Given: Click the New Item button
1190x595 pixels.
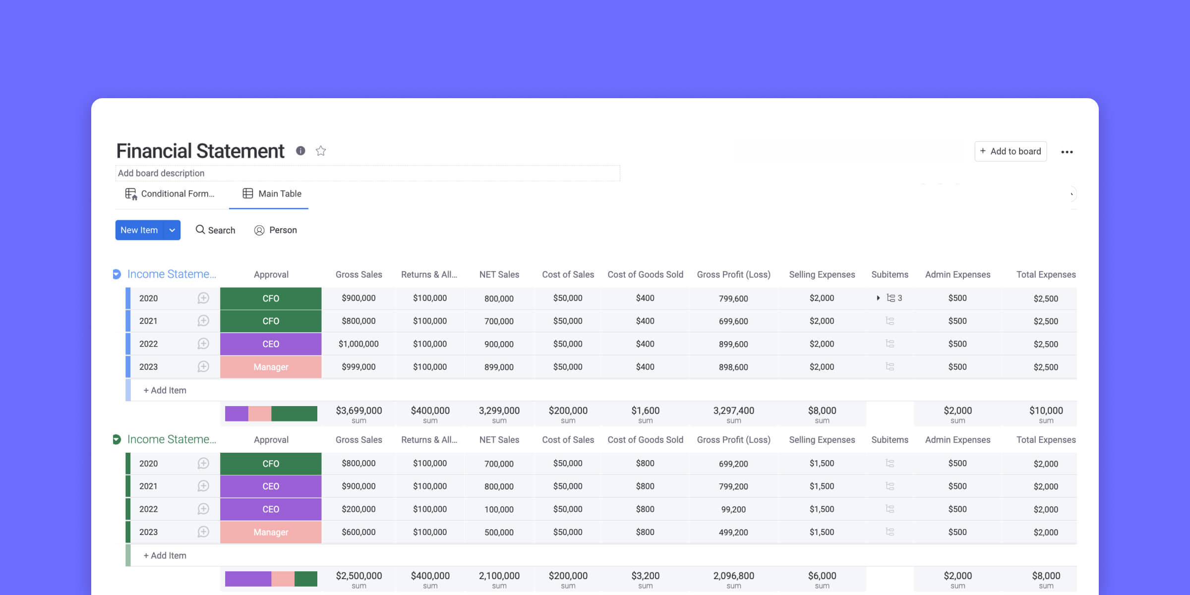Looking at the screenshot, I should coord(139,230).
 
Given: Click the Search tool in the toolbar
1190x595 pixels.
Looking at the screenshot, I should coord(215,230).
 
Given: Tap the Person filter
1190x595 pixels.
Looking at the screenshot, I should coord(276,230).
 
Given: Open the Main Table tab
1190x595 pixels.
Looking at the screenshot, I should coord(272,194).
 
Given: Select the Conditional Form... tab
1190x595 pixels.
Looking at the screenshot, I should coord(170,194).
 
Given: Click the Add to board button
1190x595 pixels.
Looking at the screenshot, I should coord(1011,151).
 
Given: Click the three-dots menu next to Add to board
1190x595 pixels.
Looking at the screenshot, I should coord(1067,152).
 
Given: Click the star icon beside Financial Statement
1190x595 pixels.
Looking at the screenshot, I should coord(321,151).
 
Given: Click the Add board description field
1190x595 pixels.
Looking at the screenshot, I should coord(367,173).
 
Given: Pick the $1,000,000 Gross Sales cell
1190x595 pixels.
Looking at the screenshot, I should coord(358,344).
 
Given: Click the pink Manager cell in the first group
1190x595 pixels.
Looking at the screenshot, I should coord(271,367).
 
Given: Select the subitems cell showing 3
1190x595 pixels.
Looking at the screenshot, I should coord(890,298).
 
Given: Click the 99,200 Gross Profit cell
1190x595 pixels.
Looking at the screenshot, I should coord(733,509).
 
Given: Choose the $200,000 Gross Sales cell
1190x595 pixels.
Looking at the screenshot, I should coord(358,509).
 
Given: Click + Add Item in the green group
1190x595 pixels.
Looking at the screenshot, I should coord(165,556).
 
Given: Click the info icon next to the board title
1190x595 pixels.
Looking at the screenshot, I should coord(300,151).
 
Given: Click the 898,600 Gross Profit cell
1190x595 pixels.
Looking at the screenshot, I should coord(733,367).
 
